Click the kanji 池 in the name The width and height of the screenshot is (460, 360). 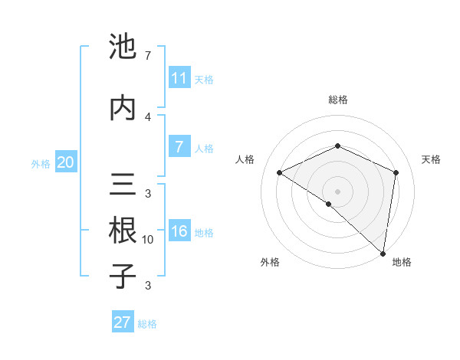(x=123, y=47)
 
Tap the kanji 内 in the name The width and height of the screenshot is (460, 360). (x=123, y=108)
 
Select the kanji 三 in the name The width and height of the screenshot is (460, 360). (x=123, y=185)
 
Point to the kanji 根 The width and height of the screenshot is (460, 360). (x=123, y=230)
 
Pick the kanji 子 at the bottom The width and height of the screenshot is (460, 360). (x=123, y=276)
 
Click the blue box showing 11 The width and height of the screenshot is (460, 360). (x=179, y=78)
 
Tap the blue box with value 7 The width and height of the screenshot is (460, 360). (x=179, y=148)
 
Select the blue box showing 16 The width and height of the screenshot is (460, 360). (x=179, y=232)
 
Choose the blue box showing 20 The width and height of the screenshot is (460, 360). (x=66, y=162)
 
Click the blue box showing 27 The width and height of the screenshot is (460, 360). (x=123, y=322)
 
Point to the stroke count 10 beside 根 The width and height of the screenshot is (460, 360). (x=148, y=240)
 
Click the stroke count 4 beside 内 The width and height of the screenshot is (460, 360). (x=148, y=116)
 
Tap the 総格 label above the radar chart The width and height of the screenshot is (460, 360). (x=337, y=100)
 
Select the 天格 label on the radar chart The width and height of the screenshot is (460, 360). (x=431, y=159)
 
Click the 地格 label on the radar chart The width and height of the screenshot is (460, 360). (x=402, y=262)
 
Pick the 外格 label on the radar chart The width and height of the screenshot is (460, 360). (x=270, y=262)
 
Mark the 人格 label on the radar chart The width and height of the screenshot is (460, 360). (x=245, y=159)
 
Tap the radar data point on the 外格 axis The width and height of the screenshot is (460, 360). (x=328, y=204)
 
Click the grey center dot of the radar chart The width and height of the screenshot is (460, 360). (x=337, y=191)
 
